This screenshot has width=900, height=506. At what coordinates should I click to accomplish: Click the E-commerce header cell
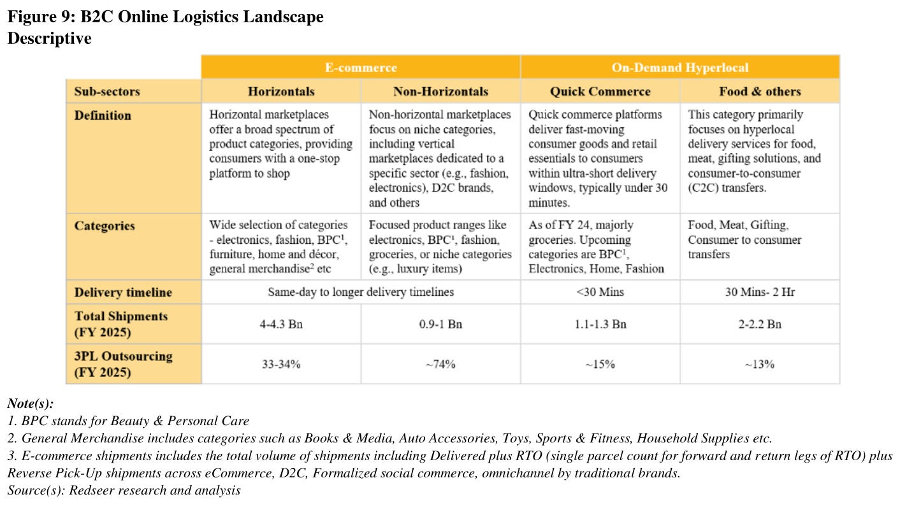[x=361, y=67]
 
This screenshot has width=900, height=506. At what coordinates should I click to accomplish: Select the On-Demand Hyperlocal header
[x=679, y=67]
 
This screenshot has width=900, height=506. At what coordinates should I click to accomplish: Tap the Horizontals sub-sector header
[x=281, y=92]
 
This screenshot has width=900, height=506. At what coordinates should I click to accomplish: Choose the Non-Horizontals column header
[x=440, y=92]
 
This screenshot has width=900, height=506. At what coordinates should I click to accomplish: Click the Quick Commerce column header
[x=600, y=92]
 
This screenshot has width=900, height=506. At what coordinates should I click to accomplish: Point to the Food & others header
[x=760, y=92]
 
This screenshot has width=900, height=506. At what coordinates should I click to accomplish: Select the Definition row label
[x=103, y=116]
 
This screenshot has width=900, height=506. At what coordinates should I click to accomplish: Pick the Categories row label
[x=104, y=226]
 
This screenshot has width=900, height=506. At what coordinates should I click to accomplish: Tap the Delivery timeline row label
[x=123, y=293]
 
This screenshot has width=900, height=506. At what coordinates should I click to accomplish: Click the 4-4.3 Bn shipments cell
[x=281, y=324]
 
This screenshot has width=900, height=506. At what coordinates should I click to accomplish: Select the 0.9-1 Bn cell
[x=440, y=324]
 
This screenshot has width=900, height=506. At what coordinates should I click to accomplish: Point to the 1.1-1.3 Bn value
[x=600, y=324]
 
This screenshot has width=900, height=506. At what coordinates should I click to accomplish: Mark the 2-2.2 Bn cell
[x=760, y=324]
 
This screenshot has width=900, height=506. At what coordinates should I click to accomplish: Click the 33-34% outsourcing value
[x=281, y=364]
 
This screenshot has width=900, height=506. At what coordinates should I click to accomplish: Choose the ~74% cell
[x=440, y=364]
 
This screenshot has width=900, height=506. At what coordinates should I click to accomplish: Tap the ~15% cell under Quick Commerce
[x=600, y=364]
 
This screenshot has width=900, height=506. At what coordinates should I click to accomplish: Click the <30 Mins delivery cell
[x=600, y=293]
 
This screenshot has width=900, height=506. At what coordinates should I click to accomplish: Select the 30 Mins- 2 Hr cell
[x=760, y=293]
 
